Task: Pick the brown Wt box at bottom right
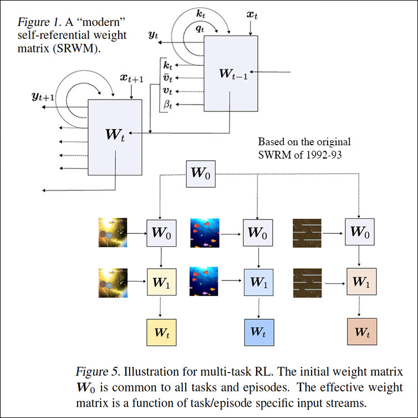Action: [x=361, y=333]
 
